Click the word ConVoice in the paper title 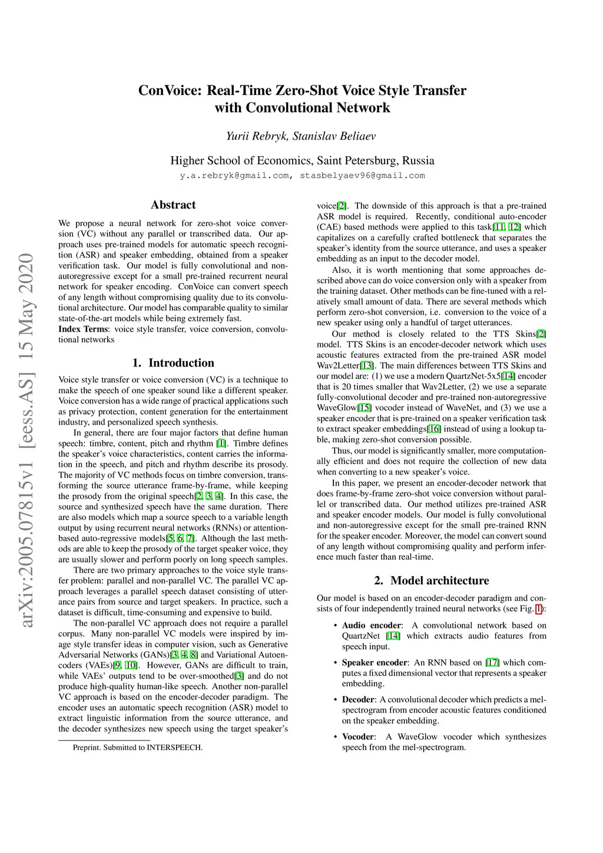tap(170, 91)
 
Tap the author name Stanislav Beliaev tap(334, 136)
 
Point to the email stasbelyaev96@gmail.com tap(362, 176)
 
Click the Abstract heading tap(173, 205)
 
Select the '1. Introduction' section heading tap(173, 363)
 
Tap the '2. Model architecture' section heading tap(431, 581)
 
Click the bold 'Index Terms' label tap(83, 329)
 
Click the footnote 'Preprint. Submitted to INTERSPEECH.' tap(138, 748)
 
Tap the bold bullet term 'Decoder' tap(358, 700)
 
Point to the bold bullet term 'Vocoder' tap(358, 737)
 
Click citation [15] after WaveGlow tap(365, 408)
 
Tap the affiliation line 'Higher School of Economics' tap(302, 161)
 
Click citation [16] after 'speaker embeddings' tap(435, 429)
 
